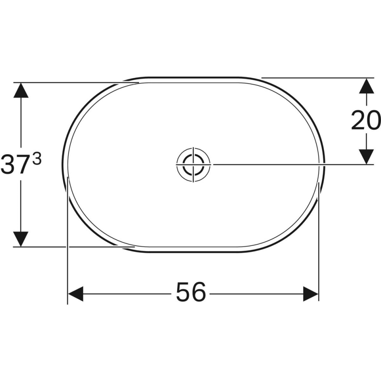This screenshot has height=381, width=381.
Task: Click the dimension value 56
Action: [x=191, y=293]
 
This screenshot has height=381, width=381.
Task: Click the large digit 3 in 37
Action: [x=8, y=165]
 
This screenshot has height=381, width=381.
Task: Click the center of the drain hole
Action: [x=193, y=164]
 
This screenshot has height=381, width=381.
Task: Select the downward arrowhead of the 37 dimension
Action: [x=21, y=239]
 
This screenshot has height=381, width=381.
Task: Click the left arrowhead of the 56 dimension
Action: [x=75, y=294]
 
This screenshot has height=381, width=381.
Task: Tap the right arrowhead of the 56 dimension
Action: [x=311, y=294]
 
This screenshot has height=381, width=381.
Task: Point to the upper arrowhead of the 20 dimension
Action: [x=367, y=85]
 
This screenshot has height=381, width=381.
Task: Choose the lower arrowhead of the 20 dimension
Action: [x=367, y=157]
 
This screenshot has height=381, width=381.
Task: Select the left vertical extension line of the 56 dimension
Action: [x=67, y=244]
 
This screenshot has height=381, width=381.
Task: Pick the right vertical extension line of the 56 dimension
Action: [x=319, y=244]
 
